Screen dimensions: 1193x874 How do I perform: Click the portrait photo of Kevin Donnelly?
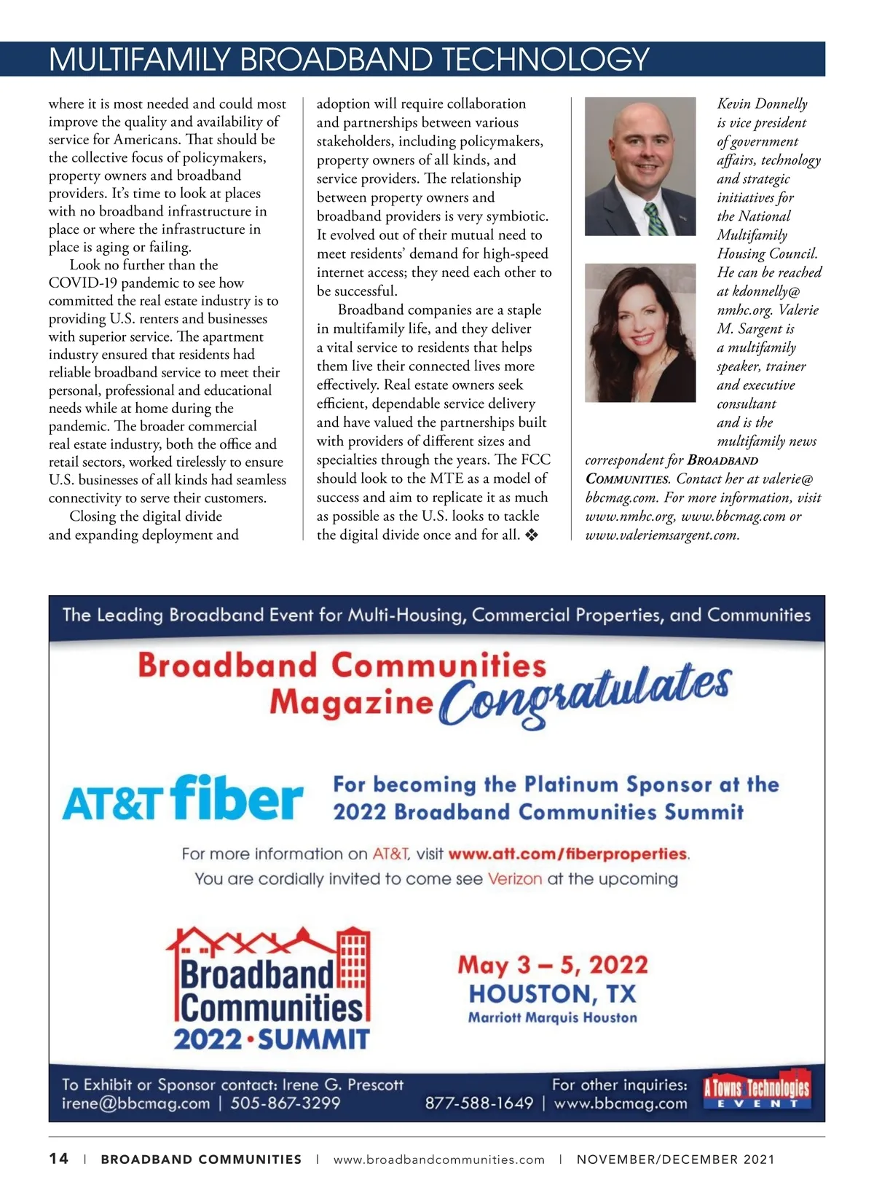point(639,166)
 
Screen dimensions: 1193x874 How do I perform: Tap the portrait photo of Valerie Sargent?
point(639,333)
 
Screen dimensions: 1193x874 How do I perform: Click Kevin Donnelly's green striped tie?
point(656,219)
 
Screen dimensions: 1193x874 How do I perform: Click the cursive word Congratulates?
point(585,696)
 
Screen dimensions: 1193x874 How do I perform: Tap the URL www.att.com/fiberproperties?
point(568,854)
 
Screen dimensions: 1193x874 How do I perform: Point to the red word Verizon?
point(515,879)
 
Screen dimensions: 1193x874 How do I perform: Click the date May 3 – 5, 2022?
point(553,966)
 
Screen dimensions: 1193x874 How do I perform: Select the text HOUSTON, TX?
point(553,994)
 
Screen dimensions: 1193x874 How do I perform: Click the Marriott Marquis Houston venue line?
point(553,1018)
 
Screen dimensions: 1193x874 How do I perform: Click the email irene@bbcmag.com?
point(135,1103)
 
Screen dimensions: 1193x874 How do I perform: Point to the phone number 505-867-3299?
point(286,1103)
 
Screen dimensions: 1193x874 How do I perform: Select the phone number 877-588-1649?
point(479,1103)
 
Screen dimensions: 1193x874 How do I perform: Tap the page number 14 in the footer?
point(59,1159)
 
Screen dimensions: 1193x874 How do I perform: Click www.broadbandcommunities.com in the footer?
point(439,1159)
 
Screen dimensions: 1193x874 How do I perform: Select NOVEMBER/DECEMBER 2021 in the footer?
point(676,1159)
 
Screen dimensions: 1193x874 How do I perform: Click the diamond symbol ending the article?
point(532,535)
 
